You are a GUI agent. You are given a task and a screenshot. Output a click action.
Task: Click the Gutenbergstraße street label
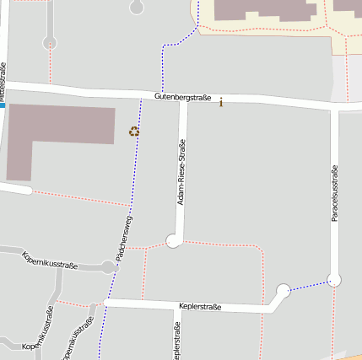pos(182,99)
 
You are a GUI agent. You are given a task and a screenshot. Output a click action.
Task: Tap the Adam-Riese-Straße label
pos(181,175)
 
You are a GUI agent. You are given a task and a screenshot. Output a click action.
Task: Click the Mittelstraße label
pos(3,81)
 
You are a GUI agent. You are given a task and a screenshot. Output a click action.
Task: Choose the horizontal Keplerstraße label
pos(200,307)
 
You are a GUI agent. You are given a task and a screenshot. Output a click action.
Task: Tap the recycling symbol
pos(133,131)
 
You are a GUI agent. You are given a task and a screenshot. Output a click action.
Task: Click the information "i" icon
pos(221,102)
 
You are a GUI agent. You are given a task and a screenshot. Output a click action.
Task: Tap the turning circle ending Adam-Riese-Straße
pos(174,241)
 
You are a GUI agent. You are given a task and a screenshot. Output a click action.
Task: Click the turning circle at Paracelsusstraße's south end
pos(334,279)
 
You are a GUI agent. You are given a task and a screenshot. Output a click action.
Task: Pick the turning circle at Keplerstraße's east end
pos(283,292)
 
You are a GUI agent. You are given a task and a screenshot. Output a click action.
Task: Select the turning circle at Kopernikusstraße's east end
pos(108,268)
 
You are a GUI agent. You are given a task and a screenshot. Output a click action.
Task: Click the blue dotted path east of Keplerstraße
pos(308,286)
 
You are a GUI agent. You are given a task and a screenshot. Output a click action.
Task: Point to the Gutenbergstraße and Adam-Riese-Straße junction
pos(182,99)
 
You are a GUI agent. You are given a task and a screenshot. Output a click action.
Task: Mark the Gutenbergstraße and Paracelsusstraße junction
pos(335,105)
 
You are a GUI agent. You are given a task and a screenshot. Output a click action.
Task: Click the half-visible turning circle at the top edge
pos(137,6)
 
